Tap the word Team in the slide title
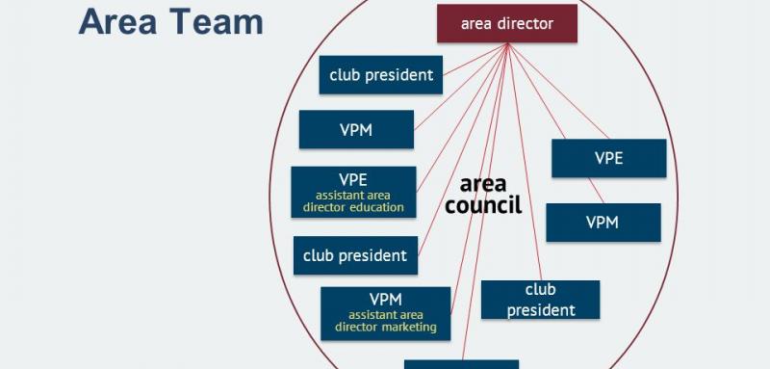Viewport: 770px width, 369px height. (x=215, y=21)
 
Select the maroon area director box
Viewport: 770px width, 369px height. (x=507, y=24)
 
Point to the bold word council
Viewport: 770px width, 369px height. (x=483, y=204)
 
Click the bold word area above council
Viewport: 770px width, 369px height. (x=483, y=184)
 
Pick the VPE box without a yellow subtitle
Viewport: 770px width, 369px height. (x=608, y=159)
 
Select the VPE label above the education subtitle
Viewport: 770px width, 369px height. (x=353, y=179)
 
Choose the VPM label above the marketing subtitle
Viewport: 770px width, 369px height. (x=385, y=299)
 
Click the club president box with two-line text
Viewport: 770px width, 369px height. (x=540, y=300)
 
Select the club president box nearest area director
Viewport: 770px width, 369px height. (x=381, y=74)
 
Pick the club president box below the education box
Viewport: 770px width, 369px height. (x=354, y=256)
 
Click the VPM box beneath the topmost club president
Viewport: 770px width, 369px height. (x=356, y=130)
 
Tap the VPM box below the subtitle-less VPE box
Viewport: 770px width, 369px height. (x=603, y=223)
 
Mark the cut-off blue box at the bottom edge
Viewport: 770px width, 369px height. (x=461, y=364)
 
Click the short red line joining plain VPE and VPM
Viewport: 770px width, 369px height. (x=597, y=190)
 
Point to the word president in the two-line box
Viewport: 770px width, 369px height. (x=540, y=310)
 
